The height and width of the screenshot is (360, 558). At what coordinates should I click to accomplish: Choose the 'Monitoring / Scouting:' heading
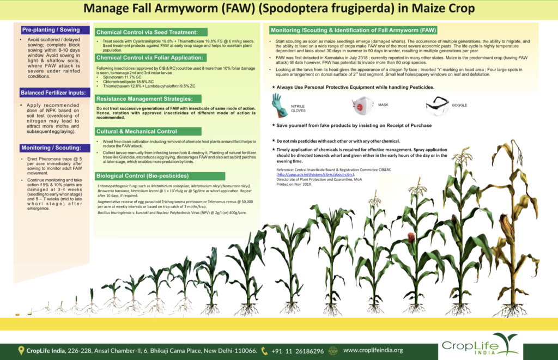click(50, 148)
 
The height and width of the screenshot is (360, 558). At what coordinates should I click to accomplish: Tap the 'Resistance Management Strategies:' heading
click(144, 99)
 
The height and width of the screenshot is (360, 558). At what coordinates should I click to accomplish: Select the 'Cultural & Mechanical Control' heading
click(136, 131)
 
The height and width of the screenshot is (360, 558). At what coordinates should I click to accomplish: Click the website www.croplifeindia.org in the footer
click(373, 351)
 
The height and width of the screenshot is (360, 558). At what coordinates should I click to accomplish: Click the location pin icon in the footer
click(21, 351)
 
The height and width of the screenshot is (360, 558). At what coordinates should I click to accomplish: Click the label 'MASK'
click(383, 103)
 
